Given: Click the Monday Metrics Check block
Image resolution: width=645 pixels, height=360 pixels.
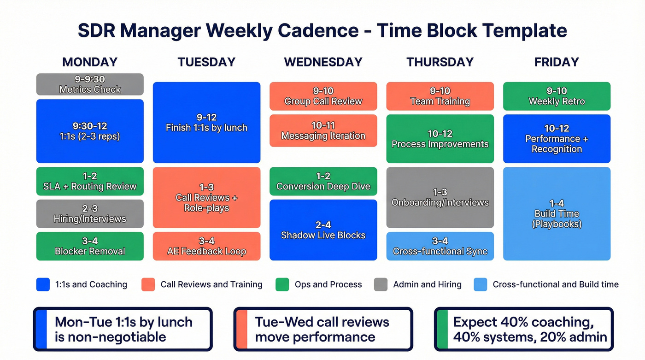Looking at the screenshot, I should (x=90, y=84).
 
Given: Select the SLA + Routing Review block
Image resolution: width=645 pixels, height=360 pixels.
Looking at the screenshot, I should (x=90, y=181).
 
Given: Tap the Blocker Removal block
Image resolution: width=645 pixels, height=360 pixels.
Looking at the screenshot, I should (x=90, y=246).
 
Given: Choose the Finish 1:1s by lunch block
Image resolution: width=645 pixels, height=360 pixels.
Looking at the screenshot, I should (x=206, y=123).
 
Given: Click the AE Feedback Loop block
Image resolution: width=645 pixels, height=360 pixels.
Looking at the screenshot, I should (x=206, y=246).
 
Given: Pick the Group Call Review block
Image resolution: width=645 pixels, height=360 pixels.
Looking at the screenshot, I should (x=323, y=96).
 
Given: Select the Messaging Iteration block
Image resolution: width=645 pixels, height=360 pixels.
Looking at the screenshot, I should (x=323, y=131).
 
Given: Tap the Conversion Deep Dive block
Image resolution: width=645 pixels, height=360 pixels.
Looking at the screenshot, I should (x=323, y=181).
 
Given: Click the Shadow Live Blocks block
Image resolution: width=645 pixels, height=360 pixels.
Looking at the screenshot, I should (x=323, y=230).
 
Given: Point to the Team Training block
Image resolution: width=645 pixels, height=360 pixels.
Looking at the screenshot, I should (x=440, y=96).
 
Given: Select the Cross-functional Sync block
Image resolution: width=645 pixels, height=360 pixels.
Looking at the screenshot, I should (x=440, y=246).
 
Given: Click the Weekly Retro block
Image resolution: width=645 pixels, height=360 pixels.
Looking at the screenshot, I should (x=557, y=96).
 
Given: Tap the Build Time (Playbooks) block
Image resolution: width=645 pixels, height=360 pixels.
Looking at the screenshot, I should (x=557, y=214).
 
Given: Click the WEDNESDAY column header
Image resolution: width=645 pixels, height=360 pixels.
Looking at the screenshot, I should (x=323, y=62).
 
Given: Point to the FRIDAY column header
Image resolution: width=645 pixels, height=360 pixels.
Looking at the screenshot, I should (x=557, y=62).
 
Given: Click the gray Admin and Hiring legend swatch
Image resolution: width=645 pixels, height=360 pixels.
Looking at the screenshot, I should (x=381, y=284).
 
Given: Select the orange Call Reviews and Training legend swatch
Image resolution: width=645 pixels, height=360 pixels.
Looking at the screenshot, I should (x=148, y=284).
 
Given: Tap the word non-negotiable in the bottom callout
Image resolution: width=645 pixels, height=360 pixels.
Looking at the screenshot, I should (x=110, y=337).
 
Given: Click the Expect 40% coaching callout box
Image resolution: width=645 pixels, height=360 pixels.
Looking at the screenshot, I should (x=524, y=329).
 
